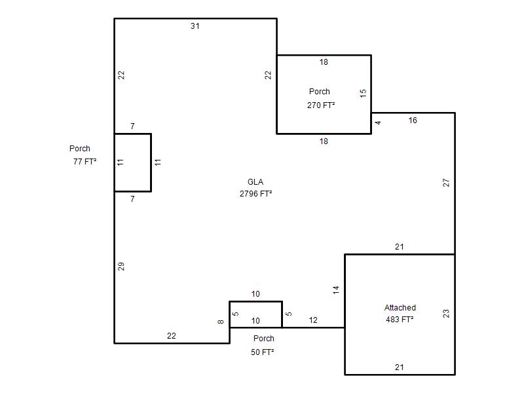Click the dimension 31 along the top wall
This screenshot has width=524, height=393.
(195, 26)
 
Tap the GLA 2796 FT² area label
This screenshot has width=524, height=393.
(255, 188)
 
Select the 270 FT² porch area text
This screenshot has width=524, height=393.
(321, 105)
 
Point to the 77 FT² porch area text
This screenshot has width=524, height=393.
(85, 162)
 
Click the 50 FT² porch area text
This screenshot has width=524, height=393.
(263, 352)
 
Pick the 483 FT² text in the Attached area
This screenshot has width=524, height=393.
(400, 320)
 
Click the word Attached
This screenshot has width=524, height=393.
(400, 307)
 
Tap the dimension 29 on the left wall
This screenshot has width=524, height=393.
(121, 267)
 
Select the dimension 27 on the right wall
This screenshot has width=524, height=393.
(446, 183)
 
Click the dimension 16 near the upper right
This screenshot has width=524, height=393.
(413, 121)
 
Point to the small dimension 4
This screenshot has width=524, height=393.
(378, 122)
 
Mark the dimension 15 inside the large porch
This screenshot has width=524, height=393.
(364, 93)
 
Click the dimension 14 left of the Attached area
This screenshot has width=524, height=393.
(336, 290)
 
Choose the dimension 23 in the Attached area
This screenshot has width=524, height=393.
(446, 314)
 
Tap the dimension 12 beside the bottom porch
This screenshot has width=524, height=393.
(313, 320)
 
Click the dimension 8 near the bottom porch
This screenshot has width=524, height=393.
(221, 322)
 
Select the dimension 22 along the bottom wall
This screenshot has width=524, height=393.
(172, 336)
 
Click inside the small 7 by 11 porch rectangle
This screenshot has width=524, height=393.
(133, 162)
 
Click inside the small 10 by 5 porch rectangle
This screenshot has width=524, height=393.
(255, 314)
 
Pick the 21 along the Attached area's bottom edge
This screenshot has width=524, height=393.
(400, 367)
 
